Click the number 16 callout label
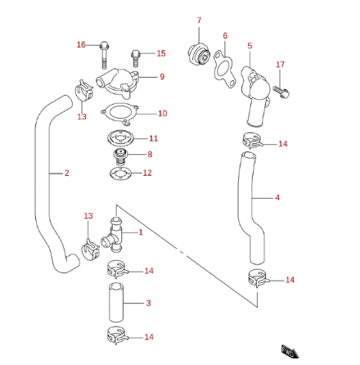click(81, 44)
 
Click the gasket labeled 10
click(121, 114)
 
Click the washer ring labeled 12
click(119, 173)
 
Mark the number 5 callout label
click(250, 47)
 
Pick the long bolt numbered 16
click(105, 55)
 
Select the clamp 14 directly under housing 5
click(254, 142)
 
